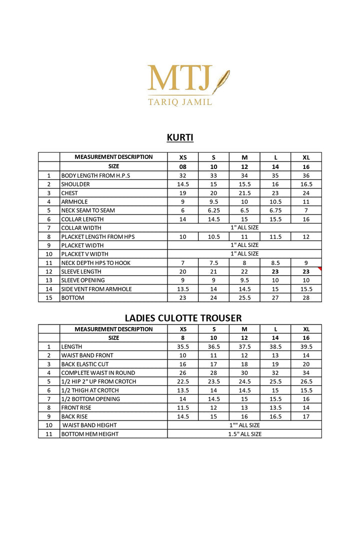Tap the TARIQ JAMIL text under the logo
click(x=180, y=102)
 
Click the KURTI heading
click(x=180, y=137)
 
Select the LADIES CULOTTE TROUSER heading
click(x=183, y=317)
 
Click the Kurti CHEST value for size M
click(x=244, y=193)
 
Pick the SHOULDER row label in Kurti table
click(x=75, y=184)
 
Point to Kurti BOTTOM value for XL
click(x=306, y=297)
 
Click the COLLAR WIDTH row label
click(x=81, y=228)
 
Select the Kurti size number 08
click(x=183, y=166)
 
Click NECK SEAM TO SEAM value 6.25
click(x=213, y=210)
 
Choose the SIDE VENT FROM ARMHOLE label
click(x=96, y=289)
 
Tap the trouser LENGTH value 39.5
click(x=306, y=346)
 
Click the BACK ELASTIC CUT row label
click(x=84, y=364)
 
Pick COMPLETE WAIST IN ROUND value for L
click(x=275, y=372)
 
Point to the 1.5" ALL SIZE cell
click(x=244, y=434)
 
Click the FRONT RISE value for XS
click(x=183, y=407)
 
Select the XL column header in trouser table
click(x=306, y=329)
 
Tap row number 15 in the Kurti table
click(x=49, y=297)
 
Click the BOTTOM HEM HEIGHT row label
click(x=89, y=434)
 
